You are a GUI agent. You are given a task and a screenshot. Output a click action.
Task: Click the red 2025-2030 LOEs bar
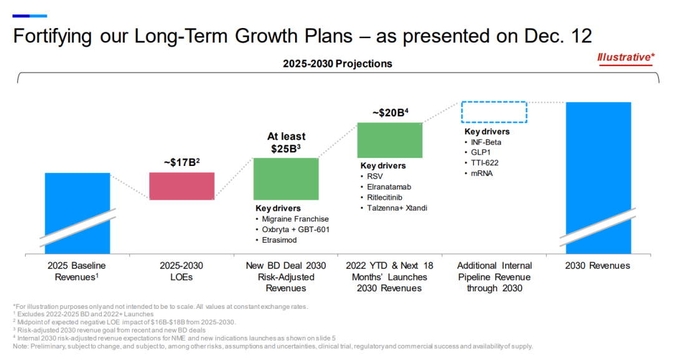(182, 186)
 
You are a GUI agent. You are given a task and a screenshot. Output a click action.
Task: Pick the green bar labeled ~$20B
(389, 140)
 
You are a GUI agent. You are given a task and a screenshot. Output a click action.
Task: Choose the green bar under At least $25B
(286, 178)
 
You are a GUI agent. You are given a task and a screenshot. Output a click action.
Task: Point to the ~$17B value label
(182, 163)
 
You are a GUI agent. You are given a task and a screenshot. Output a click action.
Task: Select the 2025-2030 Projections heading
(337, 64)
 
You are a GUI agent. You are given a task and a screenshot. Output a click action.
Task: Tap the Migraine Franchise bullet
(295, 219)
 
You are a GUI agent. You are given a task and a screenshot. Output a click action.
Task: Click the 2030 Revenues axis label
(598, 266)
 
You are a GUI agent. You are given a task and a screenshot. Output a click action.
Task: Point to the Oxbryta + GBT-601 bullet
(295, 230)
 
